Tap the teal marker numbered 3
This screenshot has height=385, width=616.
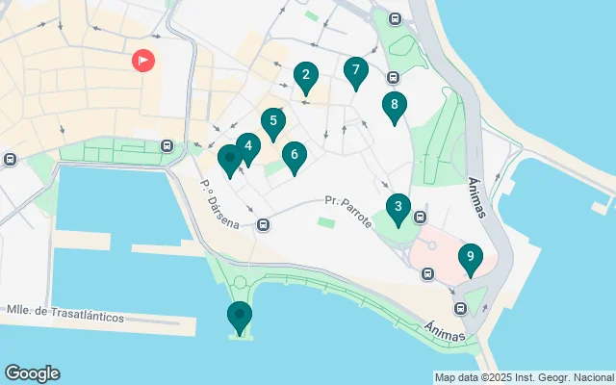[398, 206]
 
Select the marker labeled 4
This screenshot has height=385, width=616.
[248, 147]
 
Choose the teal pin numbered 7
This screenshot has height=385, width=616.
[356, 70]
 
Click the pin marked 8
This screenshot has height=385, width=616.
[394, 106]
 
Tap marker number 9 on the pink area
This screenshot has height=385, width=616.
[470, 257]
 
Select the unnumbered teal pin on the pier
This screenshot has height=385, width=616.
[239, 315]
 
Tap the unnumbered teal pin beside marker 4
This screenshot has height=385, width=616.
[229, 158]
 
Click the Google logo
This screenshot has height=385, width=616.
[32, 373]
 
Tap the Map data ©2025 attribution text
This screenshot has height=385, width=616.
[524, 377]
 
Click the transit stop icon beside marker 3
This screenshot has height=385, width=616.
[421, 218]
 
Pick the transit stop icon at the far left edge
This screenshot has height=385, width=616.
[9, 160]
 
